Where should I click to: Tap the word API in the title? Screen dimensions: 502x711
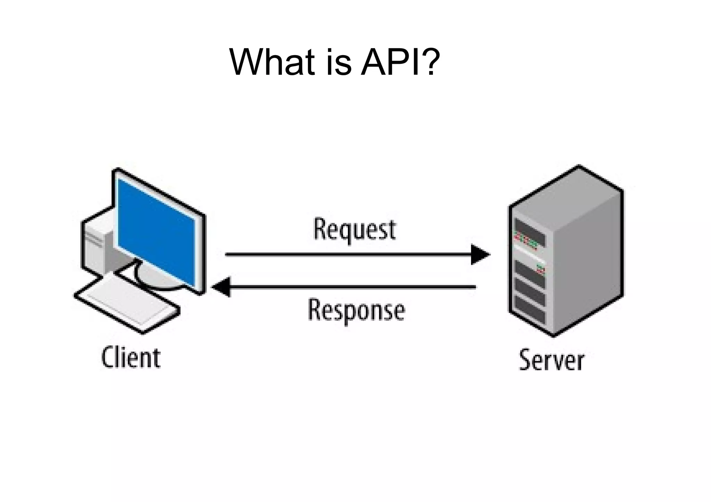pos(389,62)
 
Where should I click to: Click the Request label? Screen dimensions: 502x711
pos(354,229)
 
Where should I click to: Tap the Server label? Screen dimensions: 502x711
pos(551,361)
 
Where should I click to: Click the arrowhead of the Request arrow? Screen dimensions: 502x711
pos(480,254)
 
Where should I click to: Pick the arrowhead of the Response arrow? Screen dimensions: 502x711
pos(221,287)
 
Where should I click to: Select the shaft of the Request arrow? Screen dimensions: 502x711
pos(347,254)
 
